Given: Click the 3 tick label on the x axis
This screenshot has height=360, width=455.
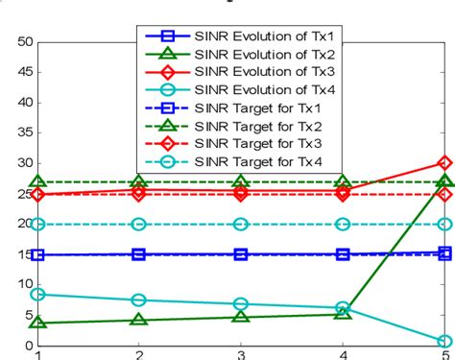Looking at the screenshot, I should point(241,353).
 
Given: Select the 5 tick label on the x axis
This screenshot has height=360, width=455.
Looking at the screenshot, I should point(444,353).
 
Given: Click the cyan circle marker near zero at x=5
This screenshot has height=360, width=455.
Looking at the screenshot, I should point(444,342).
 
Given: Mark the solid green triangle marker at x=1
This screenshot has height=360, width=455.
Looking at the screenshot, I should point(38,322).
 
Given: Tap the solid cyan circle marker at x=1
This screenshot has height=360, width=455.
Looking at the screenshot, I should point(38,295).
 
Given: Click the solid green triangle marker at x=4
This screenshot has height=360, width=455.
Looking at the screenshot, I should point(343,313).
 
